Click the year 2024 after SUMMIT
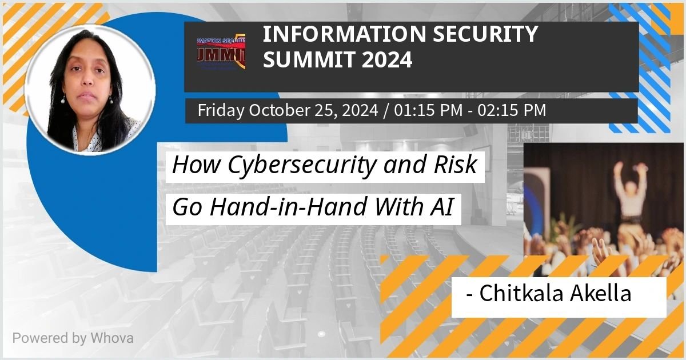tap(387, 59)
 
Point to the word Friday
tap(221, 110)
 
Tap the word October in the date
tap(280, 110)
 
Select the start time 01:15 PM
tap(428, 110)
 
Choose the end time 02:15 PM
tap(512, 110)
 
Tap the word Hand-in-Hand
tap(289, 207)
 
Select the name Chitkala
tap(521, 293)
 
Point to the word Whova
tap(112, 338)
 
